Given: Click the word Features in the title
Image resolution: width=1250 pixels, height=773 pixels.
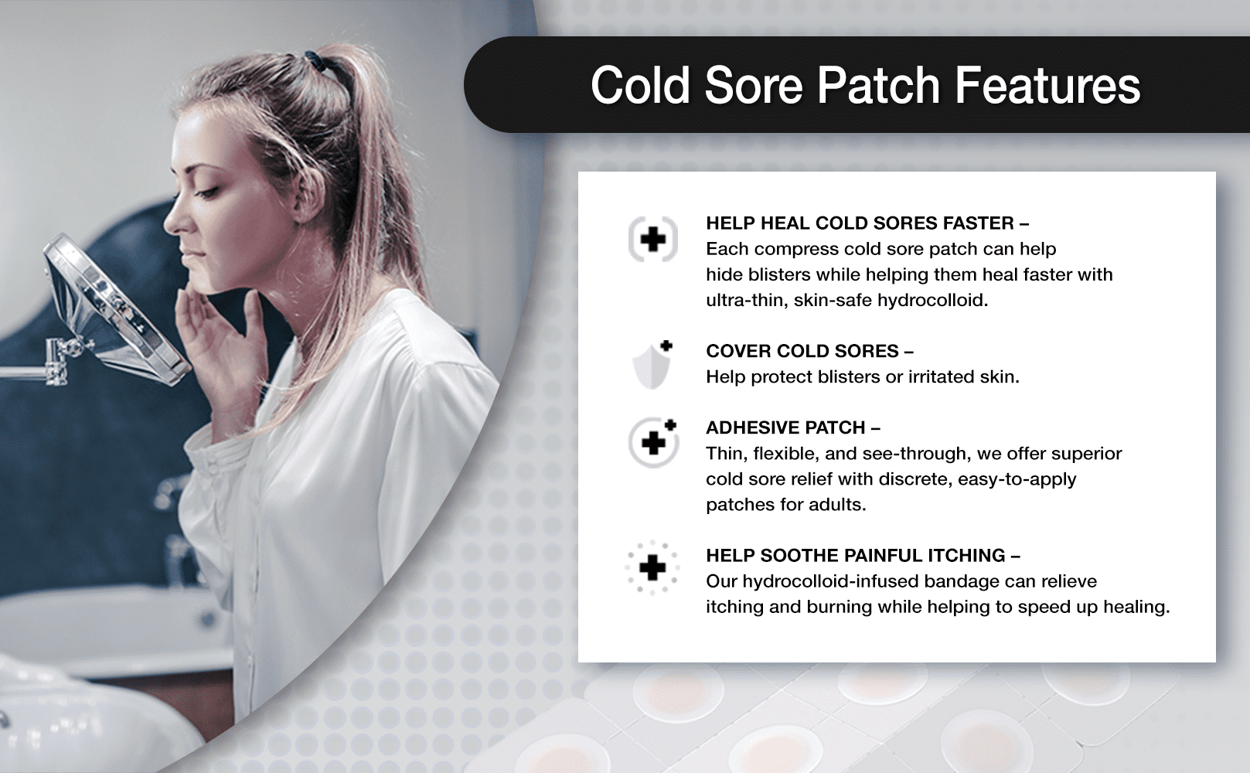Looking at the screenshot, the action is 1047,85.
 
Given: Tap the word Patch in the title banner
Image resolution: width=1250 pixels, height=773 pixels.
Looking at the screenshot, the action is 879,85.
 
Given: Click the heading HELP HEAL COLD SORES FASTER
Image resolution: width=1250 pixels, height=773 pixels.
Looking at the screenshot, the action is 867,223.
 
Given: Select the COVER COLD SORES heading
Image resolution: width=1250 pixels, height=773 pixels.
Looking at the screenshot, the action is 809,351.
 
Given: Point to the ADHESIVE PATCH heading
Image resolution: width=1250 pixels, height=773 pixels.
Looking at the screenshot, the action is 793,427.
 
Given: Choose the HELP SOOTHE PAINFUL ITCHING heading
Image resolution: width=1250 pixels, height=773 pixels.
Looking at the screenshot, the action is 863,555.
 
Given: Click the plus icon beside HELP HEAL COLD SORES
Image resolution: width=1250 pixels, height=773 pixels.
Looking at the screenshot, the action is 653,239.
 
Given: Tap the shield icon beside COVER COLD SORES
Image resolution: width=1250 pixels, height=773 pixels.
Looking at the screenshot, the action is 652,364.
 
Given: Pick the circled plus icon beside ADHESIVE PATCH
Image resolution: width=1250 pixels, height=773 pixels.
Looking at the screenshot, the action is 653,443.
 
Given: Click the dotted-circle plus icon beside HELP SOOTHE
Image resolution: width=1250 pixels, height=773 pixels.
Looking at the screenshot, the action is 652,567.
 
